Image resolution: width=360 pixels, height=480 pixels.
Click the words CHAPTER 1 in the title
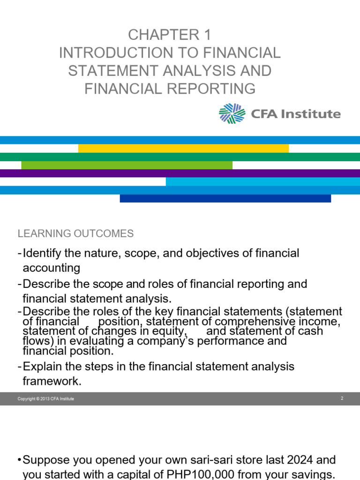[x=170, y=35]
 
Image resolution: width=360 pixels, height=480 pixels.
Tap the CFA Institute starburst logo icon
[x=232, y=113]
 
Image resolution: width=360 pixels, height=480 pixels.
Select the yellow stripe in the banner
[x=183, y=149]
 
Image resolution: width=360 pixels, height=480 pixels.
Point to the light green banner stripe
[x=127, y=165]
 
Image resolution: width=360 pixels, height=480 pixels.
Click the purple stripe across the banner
[x=180, y=173]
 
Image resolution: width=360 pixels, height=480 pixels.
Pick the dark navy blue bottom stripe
[x=225, y=198]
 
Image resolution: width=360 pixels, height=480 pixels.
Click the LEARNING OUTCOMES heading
[x=75, y=233]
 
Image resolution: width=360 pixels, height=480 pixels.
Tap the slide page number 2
[x=342, y=398]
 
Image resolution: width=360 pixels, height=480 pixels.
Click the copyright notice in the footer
[x=46, y=399]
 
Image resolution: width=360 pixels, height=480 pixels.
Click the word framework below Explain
[x=52, y=382]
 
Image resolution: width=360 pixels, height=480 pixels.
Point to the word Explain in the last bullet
[x=43, y=366]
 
